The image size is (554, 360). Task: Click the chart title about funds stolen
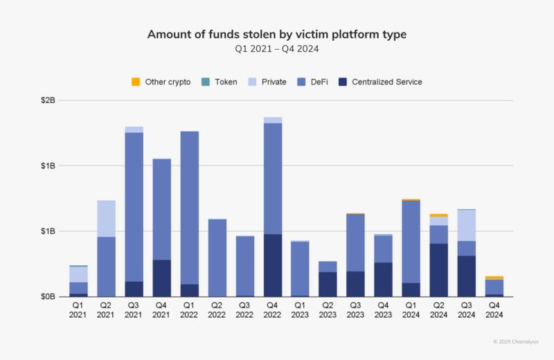[276, 35]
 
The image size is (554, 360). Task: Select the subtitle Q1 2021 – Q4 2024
[276, 49]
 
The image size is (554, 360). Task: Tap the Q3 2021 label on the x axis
[134, 309]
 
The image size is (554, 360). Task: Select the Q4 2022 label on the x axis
[273, 309]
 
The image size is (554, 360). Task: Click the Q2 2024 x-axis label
[439, 309]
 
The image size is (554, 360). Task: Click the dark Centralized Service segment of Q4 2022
[273, 265]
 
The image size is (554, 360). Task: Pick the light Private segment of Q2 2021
[106, 218]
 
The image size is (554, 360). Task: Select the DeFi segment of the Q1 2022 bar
[190, 208]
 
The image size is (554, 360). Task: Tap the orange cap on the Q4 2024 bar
[494, 278]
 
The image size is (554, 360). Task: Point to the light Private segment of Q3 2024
[467, 225]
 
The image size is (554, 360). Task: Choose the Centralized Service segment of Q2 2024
[439, 270]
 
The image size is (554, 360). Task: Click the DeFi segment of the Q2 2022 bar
[217, 258]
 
